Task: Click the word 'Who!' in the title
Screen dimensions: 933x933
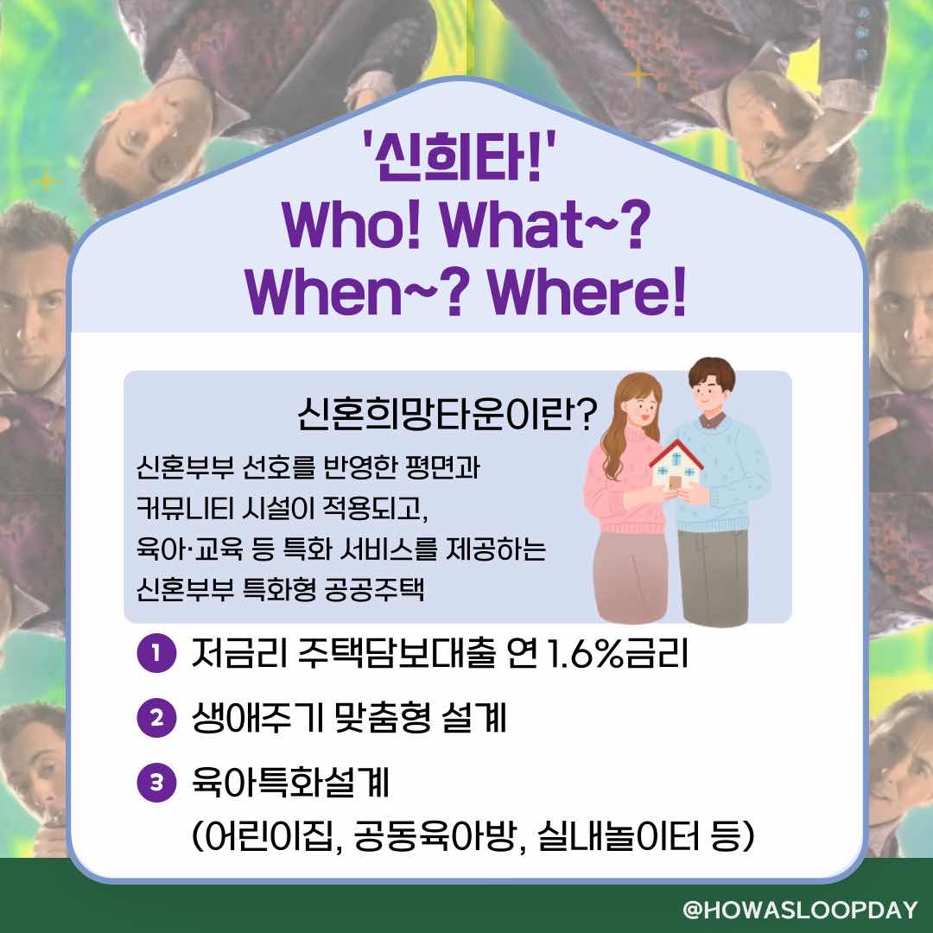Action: (352, 225)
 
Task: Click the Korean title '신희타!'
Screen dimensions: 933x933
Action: (459, 156)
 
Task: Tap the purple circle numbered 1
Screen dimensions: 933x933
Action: (156, 653)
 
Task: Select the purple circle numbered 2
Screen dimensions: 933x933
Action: (156, 718)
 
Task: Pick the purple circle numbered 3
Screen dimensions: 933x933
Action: (156, 783)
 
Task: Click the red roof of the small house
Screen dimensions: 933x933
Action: (676, 452)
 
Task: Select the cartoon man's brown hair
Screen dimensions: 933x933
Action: (712, 370)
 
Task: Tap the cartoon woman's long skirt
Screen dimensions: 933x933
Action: (632, 577)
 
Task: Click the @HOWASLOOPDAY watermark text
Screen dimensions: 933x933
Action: (800, 910)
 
